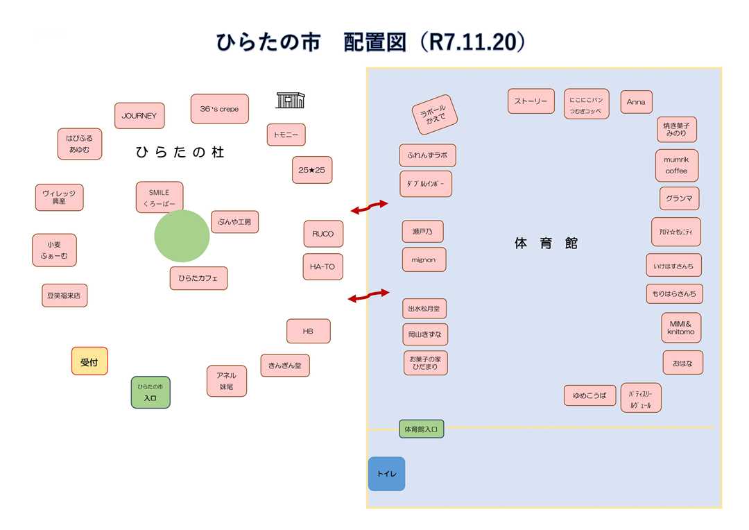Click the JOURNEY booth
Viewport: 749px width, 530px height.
[139, 116]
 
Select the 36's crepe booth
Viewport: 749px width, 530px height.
[219, 109]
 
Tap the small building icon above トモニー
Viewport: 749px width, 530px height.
[291, 100]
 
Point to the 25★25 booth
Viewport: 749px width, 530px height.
[312, 170]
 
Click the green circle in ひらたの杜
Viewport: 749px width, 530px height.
[182, 236]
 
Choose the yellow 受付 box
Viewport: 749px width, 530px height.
[89, 361]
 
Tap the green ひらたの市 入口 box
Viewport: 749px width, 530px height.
[150, 392]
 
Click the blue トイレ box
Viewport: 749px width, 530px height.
[386, 474]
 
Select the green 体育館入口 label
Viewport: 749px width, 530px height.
[421, 429]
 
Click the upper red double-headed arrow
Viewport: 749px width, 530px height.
[369, 207]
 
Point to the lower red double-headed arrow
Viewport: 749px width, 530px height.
[369, 296]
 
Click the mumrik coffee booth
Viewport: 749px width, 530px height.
[676, 165]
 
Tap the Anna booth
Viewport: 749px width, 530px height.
[636, 102]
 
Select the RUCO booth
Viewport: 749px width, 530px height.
[323, 234]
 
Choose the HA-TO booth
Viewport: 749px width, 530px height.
[322, 266]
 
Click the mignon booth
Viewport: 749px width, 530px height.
[424, 259]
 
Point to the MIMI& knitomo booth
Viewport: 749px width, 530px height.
[681, 327]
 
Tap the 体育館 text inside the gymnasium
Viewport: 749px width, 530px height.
[546, 243]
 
